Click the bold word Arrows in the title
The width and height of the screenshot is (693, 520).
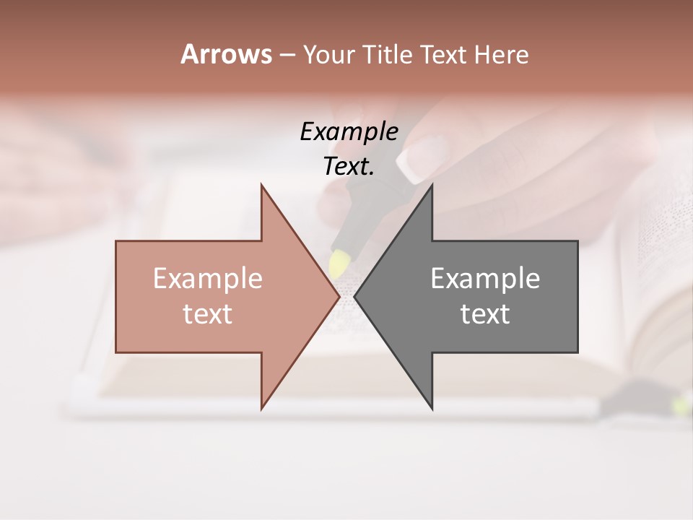[226, 54]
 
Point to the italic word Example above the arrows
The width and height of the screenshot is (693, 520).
[349, 131]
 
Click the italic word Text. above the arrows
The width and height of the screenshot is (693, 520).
[349, 167]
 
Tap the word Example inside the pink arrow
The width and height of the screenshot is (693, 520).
[208, 279]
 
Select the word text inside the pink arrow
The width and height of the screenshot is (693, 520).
[208, 314]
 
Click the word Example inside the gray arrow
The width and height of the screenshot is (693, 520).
[485, 279]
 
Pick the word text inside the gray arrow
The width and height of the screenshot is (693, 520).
[485, 314]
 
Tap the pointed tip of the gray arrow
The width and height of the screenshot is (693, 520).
[356, 296]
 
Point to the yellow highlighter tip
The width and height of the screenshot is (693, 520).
[338, 261]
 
